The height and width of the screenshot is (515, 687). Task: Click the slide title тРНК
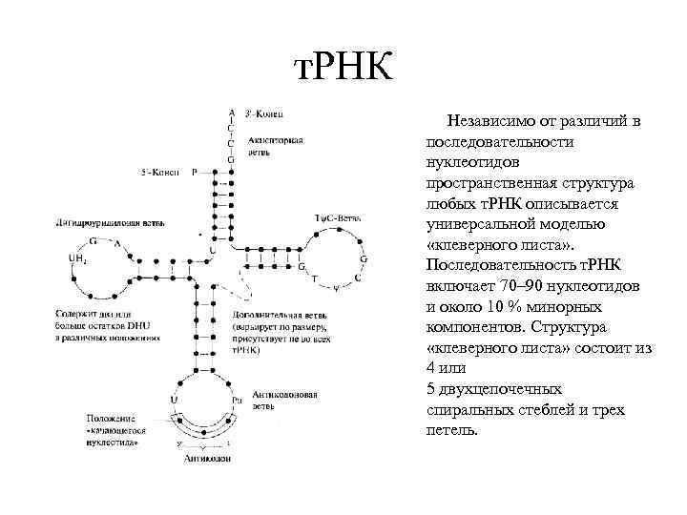click(x=341, y=68)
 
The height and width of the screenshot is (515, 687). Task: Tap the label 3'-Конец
click(x=262, y=110)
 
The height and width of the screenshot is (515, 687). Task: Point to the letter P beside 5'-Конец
click(x=195, y=173)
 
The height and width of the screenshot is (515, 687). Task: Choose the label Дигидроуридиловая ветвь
click(x=99, y=223)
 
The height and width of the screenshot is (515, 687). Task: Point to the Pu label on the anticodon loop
click(x=239, y=401)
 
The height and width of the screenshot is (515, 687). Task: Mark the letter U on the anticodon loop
click(x=174, y=401)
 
